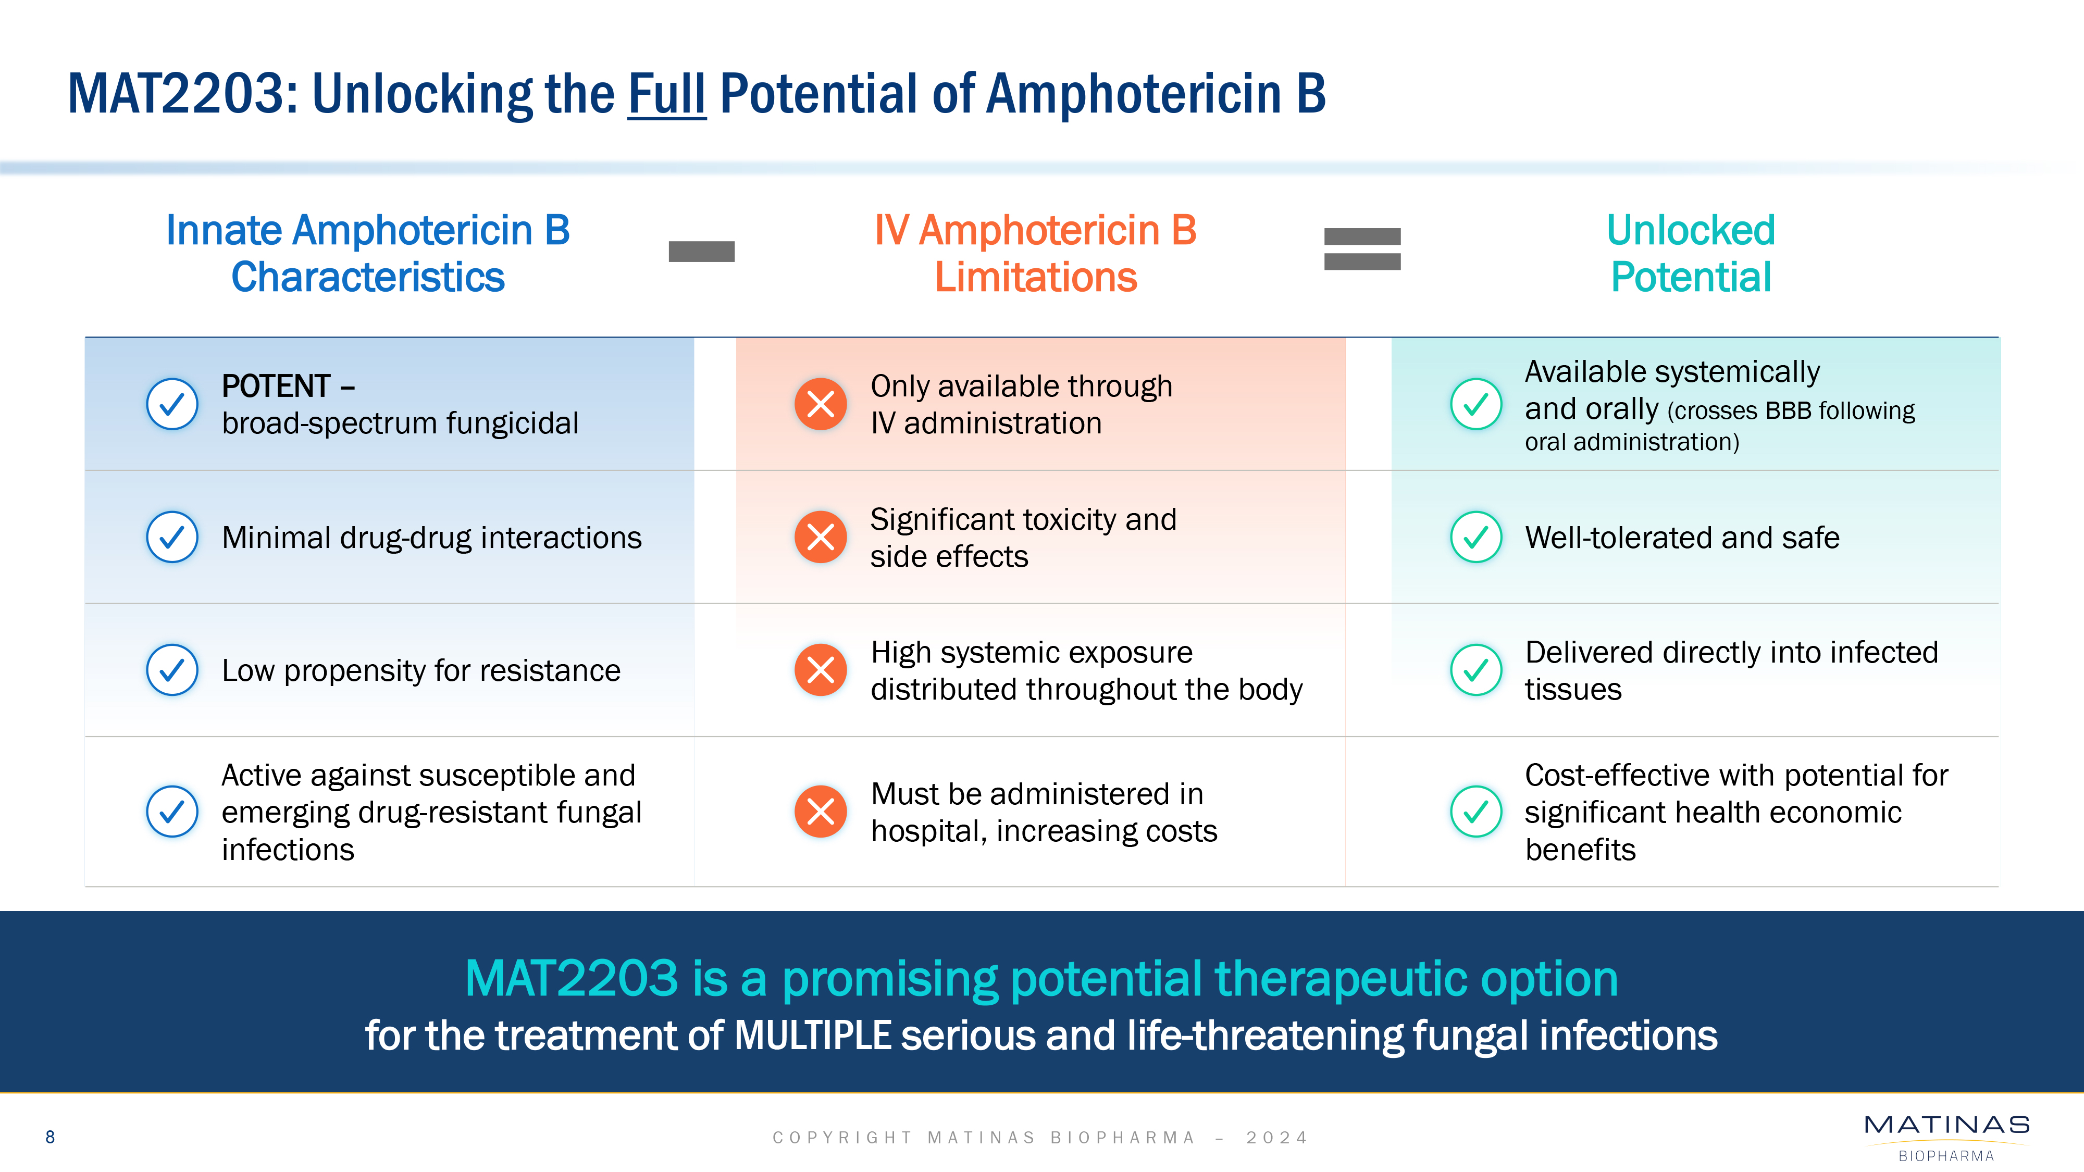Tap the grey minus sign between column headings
pyautogui.click(x=701, y=252)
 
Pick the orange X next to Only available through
pyautogui.click(x=821, y=404)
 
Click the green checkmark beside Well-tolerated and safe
pyautogui.click(x=1475, y=537)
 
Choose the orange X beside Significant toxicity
pyautogui.click(x=821, y=537)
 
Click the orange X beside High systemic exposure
pyautogui.click(x=821, y=670)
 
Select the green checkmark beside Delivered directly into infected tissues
pyautogui.click(x=1475, y=670)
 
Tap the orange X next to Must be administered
pyautogui.click(x=821, y=811)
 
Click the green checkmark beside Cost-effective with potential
pyautogui.click(x=1475, y=811)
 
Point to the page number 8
pyautogui.click(x=50, y=1137)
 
